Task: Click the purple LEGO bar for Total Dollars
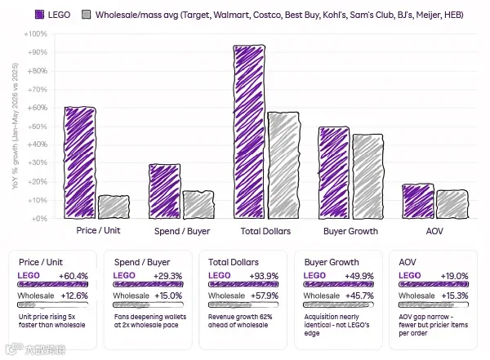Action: (249, 131)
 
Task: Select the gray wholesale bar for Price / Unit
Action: (114, 207)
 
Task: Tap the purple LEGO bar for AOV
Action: (418, 201)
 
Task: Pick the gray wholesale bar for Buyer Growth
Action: (367, 176)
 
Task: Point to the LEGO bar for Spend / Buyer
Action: (165, 191)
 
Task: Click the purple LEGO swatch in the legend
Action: (40, 15)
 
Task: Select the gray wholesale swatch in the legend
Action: (86, 15)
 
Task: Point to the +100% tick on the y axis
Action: (35, 33)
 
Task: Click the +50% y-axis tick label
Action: (38, 127)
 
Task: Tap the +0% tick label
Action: (39, 219)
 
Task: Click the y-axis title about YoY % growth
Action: (15, 126)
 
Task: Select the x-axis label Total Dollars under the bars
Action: (265, 231)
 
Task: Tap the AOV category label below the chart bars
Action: (434, 231)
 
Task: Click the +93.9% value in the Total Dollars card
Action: (264, 276)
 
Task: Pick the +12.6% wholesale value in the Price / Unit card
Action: (74, 296)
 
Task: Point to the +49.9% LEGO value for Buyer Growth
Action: (359, 276)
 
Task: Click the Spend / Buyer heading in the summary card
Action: (142, 262)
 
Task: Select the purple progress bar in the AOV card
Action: (434, 284)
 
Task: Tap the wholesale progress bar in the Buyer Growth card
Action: (338, 304)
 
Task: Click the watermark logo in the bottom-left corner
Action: (35, 349)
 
